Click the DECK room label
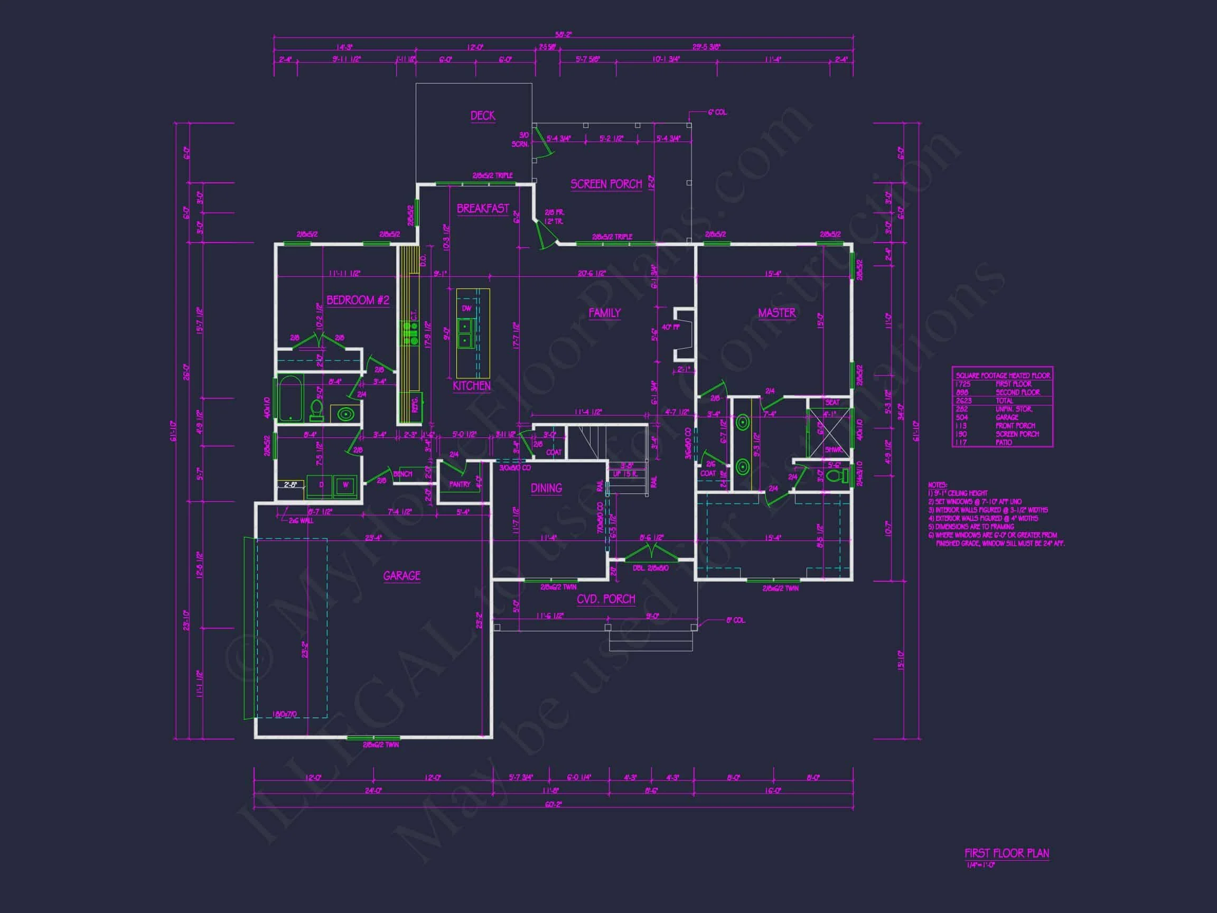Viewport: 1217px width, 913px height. (482, 116)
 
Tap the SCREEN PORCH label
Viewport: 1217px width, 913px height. (606, 184)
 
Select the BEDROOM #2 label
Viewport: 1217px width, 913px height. (358, 300)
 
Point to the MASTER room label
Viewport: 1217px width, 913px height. (776, 313)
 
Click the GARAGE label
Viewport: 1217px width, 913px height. (401, 576)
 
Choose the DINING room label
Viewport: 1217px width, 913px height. (546, 488)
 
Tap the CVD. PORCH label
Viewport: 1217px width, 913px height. (606, 599)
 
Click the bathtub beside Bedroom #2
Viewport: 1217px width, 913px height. (290, 398)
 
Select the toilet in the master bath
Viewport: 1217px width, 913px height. (837, 475)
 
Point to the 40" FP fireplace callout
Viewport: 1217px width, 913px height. (671, 327)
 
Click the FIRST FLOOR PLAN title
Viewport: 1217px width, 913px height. (1006, 853)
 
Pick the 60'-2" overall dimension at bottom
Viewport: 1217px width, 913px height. (553, 804)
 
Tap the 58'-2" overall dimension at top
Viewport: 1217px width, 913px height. (564, 35)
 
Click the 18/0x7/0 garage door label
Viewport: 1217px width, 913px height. (285, 714)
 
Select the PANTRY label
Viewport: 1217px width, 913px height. (460, 485)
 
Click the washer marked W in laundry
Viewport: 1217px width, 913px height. (346, 485)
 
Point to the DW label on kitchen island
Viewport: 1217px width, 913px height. (466, 308)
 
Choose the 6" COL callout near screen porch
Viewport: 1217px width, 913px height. (717, 112)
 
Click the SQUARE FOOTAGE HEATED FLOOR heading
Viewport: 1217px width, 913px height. (1003, 375)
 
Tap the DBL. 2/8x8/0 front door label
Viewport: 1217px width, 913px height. (650, 568)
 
